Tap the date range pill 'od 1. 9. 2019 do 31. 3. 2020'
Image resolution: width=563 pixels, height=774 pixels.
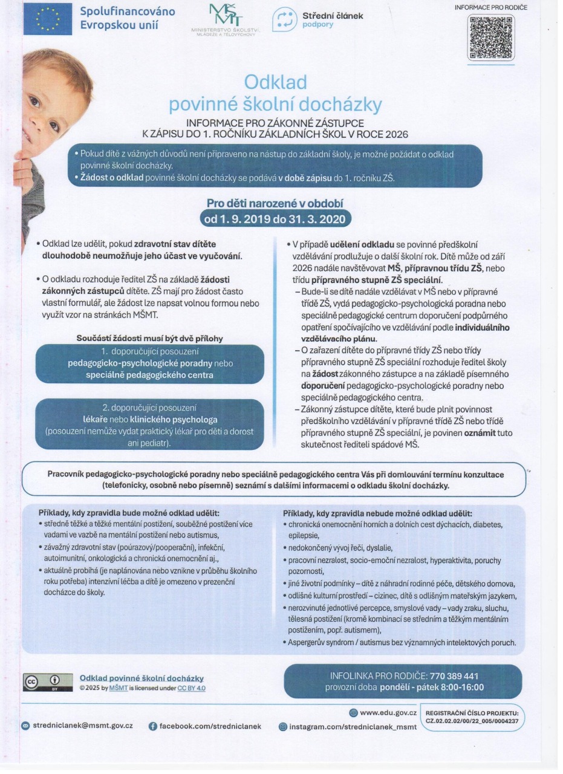click(276, 216)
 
